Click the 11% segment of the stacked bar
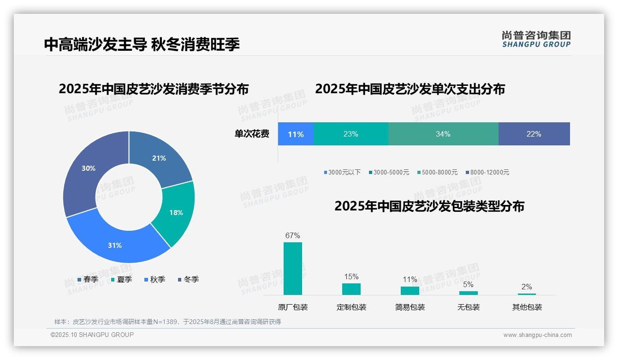(296, 134)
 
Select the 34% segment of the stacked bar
(443, 134)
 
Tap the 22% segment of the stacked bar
(534, 134)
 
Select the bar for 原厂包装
(293, 268)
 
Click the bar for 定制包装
(351, 289)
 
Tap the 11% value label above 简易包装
(410, 279)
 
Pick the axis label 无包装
(469, 307)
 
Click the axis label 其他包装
(527, 307)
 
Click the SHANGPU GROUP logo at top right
(536, 39)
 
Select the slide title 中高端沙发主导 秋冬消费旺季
(142, 44)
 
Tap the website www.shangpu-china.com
(537, 335)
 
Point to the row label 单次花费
(252, 134)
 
